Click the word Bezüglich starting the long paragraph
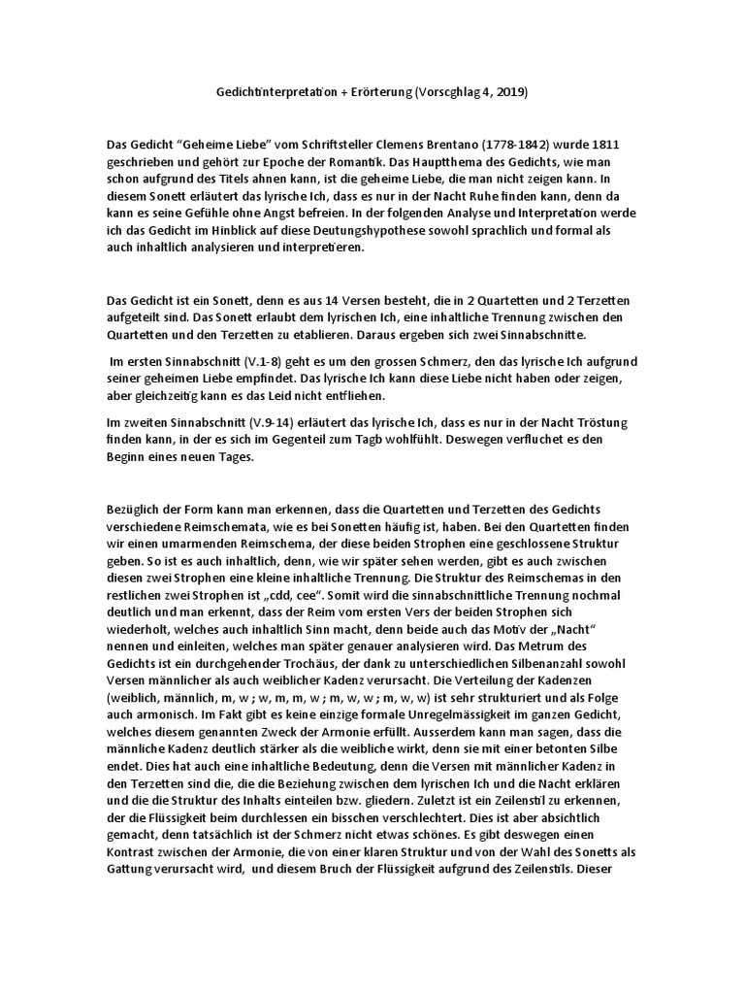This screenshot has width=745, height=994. click(x=135, y=510)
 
